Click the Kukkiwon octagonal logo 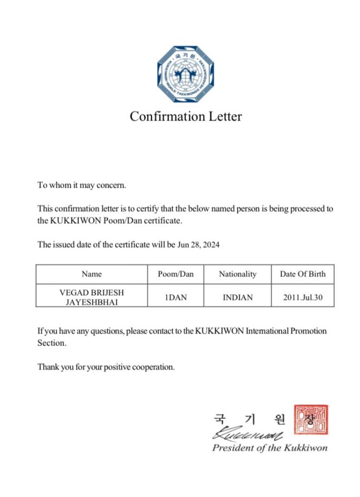click(x=185, y=74)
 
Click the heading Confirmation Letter click(x=185, y=117)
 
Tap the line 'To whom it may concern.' click(x=81, y=185)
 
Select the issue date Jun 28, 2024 click(x=199, y=245)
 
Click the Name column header click(x=92, y=274)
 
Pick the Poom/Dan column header click(x=175, y=274)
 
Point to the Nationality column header click(x=237, y=274)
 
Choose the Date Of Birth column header click(x=302, y=274)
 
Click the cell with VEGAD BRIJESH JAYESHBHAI click(x=92, y=297)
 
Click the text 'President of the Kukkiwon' click(x=269, y=448)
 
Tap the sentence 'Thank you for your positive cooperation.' click(x=106, y=367)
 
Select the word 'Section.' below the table click(x=51, y=343)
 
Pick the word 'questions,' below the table click(x=104, y=331)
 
